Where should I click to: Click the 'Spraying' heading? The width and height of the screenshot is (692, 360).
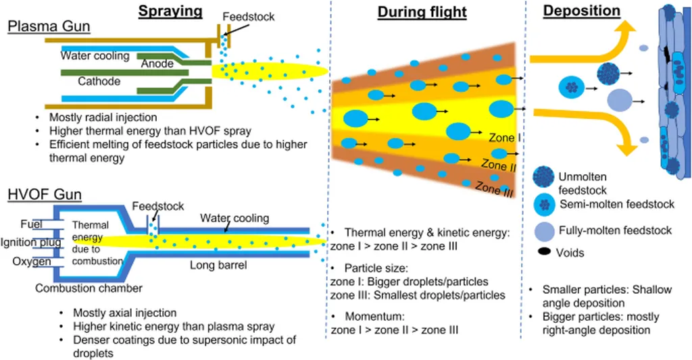click(170, 11)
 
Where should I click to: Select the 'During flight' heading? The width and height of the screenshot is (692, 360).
click(422, 13)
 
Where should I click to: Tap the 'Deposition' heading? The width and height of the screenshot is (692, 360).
click(582, 11)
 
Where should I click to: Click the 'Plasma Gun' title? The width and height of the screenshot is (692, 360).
click(49, 26)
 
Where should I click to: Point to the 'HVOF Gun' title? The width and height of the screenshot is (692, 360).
click(45, 195)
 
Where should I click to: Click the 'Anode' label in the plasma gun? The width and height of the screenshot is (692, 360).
click(157, 64)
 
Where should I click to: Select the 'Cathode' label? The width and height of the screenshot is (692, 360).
click(99, 82)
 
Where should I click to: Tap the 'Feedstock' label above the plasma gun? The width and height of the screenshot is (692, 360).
click(249, 16)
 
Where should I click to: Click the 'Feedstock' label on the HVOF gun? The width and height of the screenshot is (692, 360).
click(157, 206)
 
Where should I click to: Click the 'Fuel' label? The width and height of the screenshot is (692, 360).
click(31, 224)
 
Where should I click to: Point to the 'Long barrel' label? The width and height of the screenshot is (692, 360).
click(218, 265)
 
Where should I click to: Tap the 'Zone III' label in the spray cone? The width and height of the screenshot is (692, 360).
click(495, 188)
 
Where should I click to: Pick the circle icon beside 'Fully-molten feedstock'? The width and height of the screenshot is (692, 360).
click(545, 230)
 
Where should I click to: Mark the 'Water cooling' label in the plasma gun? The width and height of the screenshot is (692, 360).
click(95, 56)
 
